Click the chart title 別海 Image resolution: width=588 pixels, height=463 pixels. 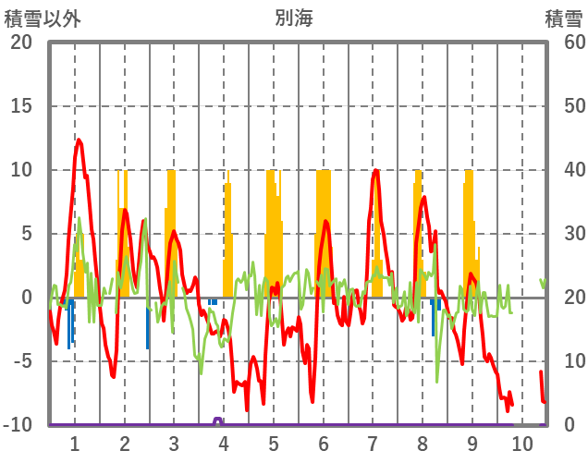pyautogui.click(x=293, y=18)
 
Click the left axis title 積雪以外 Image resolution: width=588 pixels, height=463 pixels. pyautogui.click(x=42, y=18)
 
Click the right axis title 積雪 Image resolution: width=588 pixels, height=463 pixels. pyautogui.click(x=562, y=18)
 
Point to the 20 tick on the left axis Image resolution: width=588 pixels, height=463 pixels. pyautogui.click(x=20, y=43)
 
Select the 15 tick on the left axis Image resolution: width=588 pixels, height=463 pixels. pyautogui.click(x=20, y=106)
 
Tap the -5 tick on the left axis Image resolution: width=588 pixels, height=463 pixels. pyautogui.click(x=20, y=361)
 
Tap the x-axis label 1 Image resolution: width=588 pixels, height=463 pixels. pyautogui.click(x=74, y=443)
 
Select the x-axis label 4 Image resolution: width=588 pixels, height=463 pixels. pyautogui.click(x=224, y=443)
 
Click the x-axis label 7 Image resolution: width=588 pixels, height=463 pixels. pyautogui.click(x=373, y=443)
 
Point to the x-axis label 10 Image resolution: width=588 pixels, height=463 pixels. pyautogui.click(x=522, y=443)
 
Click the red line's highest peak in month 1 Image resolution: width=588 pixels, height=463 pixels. pyautogui.click(x=79, y=140)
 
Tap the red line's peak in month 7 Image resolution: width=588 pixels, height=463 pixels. pyautogui.click(x=376, y=171)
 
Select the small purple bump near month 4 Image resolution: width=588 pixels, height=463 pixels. pyautogui.click(x=218, y=420)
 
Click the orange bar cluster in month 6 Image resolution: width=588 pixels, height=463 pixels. pyautogui.click(x=324, y=231)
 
